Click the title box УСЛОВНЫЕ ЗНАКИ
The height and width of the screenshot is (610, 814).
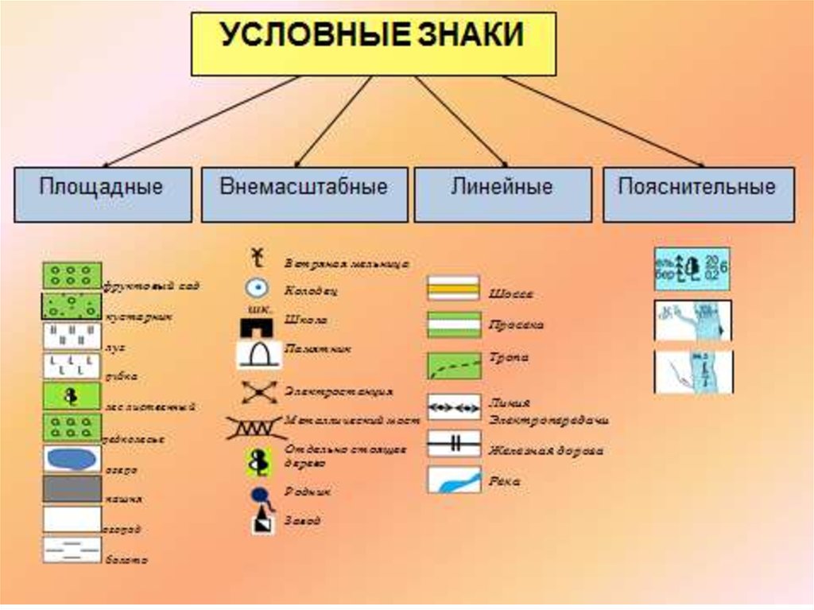point(373,43)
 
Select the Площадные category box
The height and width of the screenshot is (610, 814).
point(102,193)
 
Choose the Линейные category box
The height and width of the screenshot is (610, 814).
point(502,193)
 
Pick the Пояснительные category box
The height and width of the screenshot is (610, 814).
point(698,193)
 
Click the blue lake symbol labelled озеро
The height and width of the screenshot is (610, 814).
point(72,459)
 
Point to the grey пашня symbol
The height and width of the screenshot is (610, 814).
point(72,489)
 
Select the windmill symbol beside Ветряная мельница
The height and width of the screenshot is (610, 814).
point(257,257)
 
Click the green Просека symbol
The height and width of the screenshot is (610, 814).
point(453,324)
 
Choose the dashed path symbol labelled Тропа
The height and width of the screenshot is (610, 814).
point(453,365)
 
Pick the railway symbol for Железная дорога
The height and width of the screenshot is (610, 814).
point(453,443)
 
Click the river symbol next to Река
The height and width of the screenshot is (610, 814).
point(453,480)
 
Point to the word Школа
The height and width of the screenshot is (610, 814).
point(305,320)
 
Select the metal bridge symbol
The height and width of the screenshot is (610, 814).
point(256,427)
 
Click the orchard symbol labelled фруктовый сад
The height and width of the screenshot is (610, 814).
point(72,276)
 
